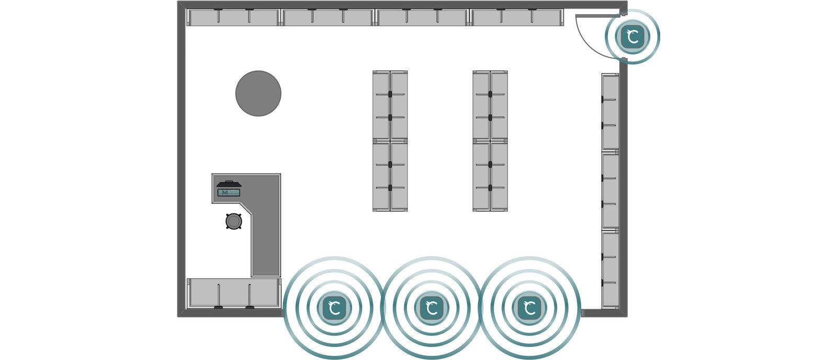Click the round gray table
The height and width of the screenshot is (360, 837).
click(x=258, y=93)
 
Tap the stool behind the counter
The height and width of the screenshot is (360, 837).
click(x=234, y=221)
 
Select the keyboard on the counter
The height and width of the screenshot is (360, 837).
click(x=229, y=193)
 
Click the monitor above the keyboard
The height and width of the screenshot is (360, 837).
click(x=229, y=184)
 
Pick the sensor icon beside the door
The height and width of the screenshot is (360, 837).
click(x=632, y=37)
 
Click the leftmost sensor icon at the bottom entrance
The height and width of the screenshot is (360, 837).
click(x=334, y=308)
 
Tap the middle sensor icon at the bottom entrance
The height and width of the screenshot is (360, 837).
click(x=432, y=308)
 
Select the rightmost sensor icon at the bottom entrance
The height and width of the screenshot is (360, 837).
click(x=529, y=308)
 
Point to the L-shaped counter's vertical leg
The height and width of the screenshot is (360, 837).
click(x=266, y=241)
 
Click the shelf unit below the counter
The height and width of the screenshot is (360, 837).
click(x=234, y=293)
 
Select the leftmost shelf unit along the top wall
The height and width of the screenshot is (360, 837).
click(x=233, y=17)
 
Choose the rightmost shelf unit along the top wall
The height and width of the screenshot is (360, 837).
click(x=517, y=17)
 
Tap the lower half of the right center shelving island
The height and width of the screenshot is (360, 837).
click(x=490, y=176)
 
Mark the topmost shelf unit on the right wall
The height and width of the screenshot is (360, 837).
click(x=610, y=112)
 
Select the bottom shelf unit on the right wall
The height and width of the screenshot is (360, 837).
click(x=610, y=269)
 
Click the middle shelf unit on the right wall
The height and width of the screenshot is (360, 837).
click(x=610, y=190)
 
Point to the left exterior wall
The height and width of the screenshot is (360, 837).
click(x=181, y=157)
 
